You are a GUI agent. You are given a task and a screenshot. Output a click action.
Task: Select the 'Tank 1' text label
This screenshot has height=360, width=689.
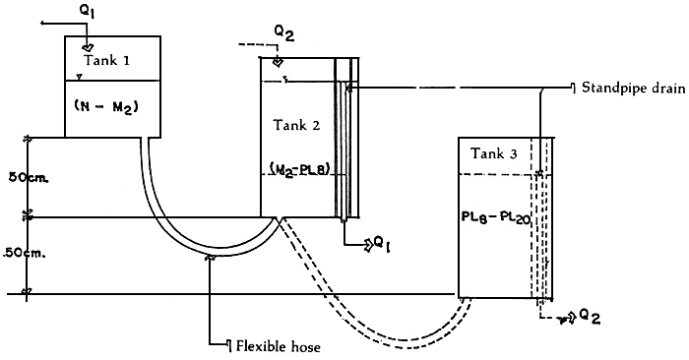(x=104, y=60)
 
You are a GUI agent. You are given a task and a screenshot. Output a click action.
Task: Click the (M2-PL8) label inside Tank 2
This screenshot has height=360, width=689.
(x=299, y=167)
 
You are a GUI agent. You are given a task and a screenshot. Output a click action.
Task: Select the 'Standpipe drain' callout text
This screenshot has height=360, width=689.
(x=629, y=87)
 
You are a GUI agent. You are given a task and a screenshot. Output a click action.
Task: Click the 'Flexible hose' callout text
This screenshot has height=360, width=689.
(x=279, y=345)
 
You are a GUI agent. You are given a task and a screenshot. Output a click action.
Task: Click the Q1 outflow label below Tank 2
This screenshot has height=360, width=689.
(x=375, y=242)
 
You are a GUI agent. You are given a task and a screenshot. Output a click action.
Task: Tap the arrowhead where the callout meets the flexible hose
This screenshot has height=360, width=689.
(x=211, y=258)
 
